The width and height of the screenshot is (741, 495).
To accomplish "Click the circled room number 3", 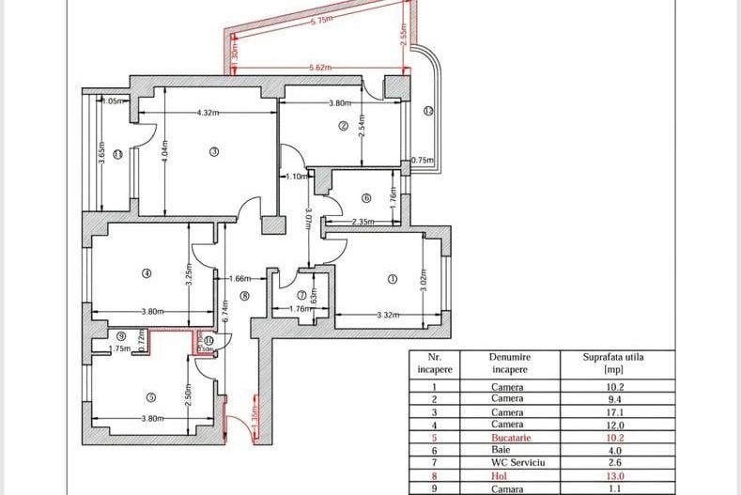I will pyautogui.click(x=213, y=151).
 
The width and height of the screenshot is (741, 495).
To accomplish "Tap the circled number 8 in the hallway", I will pyautogui.click(x=244, y=295).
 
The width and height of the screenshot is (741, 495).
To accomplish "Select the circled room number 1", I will pyautogui.click(x=393, y=278).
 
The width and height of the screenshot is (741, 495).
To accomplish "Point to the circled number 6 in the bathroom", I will pyautogui.click(x=366, y=197).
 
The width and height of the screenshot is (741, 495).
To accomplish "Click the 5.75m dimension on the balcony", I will pyautogui.click(x=321, y=20).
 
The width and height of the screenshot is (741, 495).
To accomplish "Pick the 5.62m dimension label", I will pyautogui.click(x=320, y=68).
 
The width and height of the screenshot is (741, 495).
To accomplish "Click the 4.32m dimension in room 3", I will pyautogui.click(x=208, y=113).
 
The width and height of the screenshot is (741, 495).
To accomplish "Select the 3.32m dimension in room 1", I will pyautogui.click(x=388, y=314).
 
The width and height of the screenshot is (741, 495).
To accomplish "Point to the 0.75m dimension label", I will pyautogui.click(x=424, y=161).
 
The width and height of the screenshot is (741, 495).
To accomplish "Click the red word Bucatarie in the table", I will pyautogui.click(x=507, y=438).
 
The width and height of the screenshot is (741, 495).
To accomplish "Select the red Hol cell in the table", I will pyautogui.click(x=507, y=476).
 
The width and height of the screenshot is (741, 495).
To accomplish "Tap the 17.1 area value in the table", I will pyautogui.click(x=614, y=411).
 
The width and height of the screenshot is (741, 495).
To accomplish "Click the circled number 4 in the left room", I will pyautogui.click(x=146, y=273).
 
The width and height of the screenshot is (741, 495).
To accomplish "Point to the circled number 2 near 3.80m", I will pyautogui.click(x=344, y=125).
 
